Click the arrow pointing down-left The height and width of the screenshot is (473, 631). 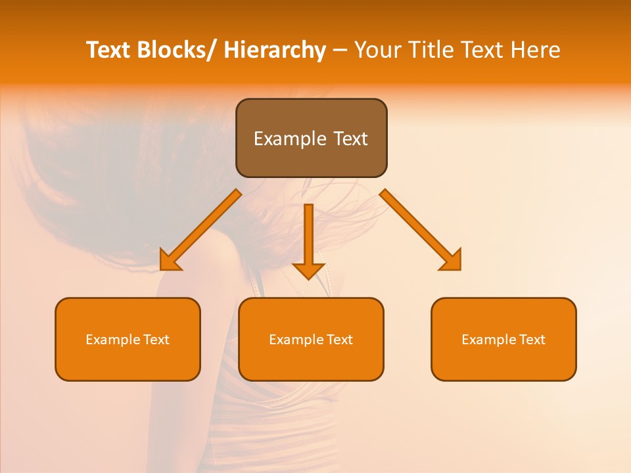coord(200,230)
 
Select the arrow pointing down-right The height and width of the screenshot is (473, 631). coord(421,230)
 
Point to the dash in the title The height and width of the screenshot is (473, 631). coord(340,50)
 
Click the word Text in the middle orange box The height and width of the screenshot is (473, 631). coord(339,340)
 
